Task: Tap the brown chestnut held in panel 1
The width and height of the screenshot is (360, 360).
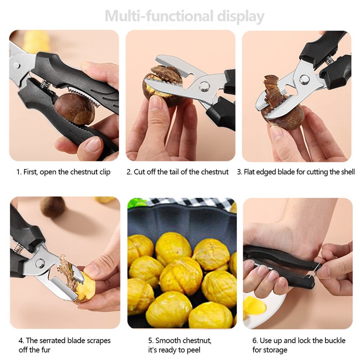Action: (x=74, y=108)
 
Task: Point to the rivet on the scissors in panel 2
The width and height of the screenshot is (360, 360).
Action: (x=204, y=86)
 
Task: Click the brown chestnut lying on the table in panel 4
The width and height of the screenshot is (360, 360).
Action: (x=52, y=207)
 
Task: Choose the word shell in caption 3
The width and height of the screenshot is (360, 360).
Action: (x=346, y=172)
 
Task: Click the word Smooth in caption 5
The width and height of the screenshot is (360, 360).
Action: (x=168, y=340)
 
